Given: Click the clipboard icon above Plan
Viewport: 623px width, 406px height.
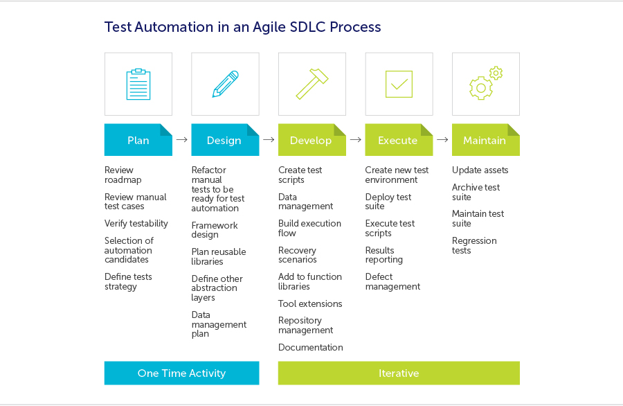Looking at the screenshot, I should (138, 84).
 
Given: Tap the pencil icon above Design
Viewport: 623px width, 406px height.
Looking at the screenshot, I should (225, 84).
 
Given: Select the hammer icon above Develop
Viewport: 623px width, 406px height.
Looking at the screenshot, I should (312, 84).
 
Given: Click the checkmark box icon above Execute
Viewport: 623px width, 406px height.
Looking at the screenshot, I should (399, 84).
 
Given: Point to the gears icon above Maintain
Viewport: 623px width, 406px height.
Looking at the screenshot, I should (485, 83).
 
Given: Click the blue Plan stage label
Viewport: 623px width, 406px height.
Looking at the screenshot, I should (138, 140).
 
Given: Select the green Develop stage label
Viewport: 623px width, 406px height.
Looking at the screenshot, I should (311, 140).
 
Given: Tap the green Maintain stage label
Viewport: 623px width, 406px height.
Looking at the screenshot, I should (485, 140).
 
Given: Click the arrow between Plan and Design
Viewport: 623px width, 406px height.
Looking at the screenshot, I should (182, 140).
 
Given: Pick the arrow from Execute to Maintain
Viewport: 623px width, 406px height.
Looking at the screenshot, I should (443, 140).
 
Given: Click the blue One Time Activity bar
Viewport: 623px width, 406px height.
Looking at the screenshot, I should (181, 373).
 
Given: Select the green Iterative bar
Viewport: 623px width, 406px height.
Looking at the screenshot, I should (399, 373).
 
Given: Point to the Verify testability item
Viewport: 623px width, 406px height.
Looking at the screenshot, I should (136, 224).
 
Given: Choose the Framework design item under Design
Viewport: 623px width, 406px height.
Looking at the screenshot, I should (215, 230).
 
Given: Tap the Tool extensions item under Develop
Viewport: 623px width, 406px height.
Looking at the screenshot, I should (310, 303).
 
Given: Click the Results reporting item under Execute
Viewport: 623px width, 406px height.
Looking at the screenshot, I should (384, 255).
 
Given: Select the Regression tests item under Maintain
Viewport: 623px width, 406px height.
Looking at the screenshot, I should (474, 245).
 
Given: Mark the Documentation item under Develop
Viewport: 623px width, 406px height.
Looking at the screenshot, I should (311, 348).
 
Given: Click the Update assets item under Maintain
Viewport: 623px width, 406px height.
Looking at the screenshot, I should (480, 170).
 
